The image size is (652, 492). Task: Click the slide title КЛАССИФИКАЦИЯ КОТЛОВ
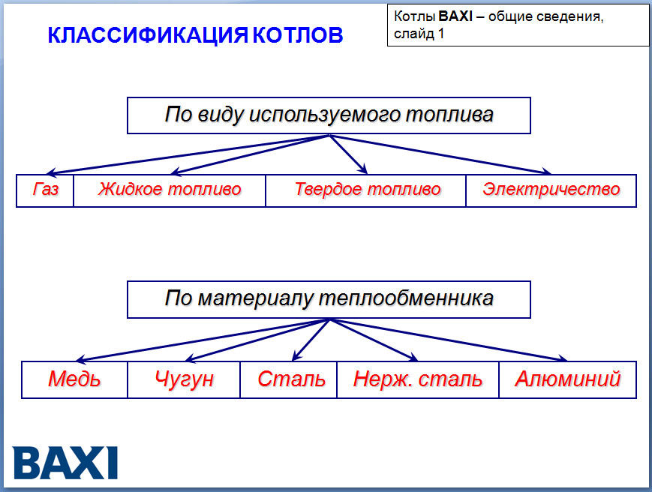(x=195, y=36)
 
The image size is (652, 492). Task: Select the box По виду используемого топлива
(x=329, y=115)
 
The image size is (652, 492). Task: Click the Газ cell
(x=45, y=190)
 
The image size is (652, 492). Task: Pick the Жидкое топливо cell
(x=170, y=190)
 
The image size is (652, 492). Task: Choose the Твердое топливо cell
(x=367, y=190)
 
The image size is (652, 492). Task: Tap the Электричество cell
(x=551, y=190)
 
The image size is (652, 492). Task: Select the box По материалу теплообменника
(x=329, y=299)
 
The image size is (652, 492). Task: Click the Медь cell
(x=74, y=379)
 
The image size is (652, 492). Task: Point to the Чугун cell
(x=184, y=379)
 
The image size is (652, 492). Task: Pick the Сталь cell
(x=291, y=379)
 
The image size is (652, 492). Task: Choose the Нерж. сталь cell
(x=418, y=379)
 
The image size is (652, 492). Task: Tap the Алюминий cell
(x=567, y=379)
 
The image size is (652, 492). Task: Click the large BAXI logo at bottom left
(x=66, y=463)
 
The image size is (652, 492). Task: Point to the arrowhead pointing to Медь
(x=80, y=359)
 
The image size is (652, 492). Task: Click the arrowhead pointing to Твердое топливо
(x=362, y=169)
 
